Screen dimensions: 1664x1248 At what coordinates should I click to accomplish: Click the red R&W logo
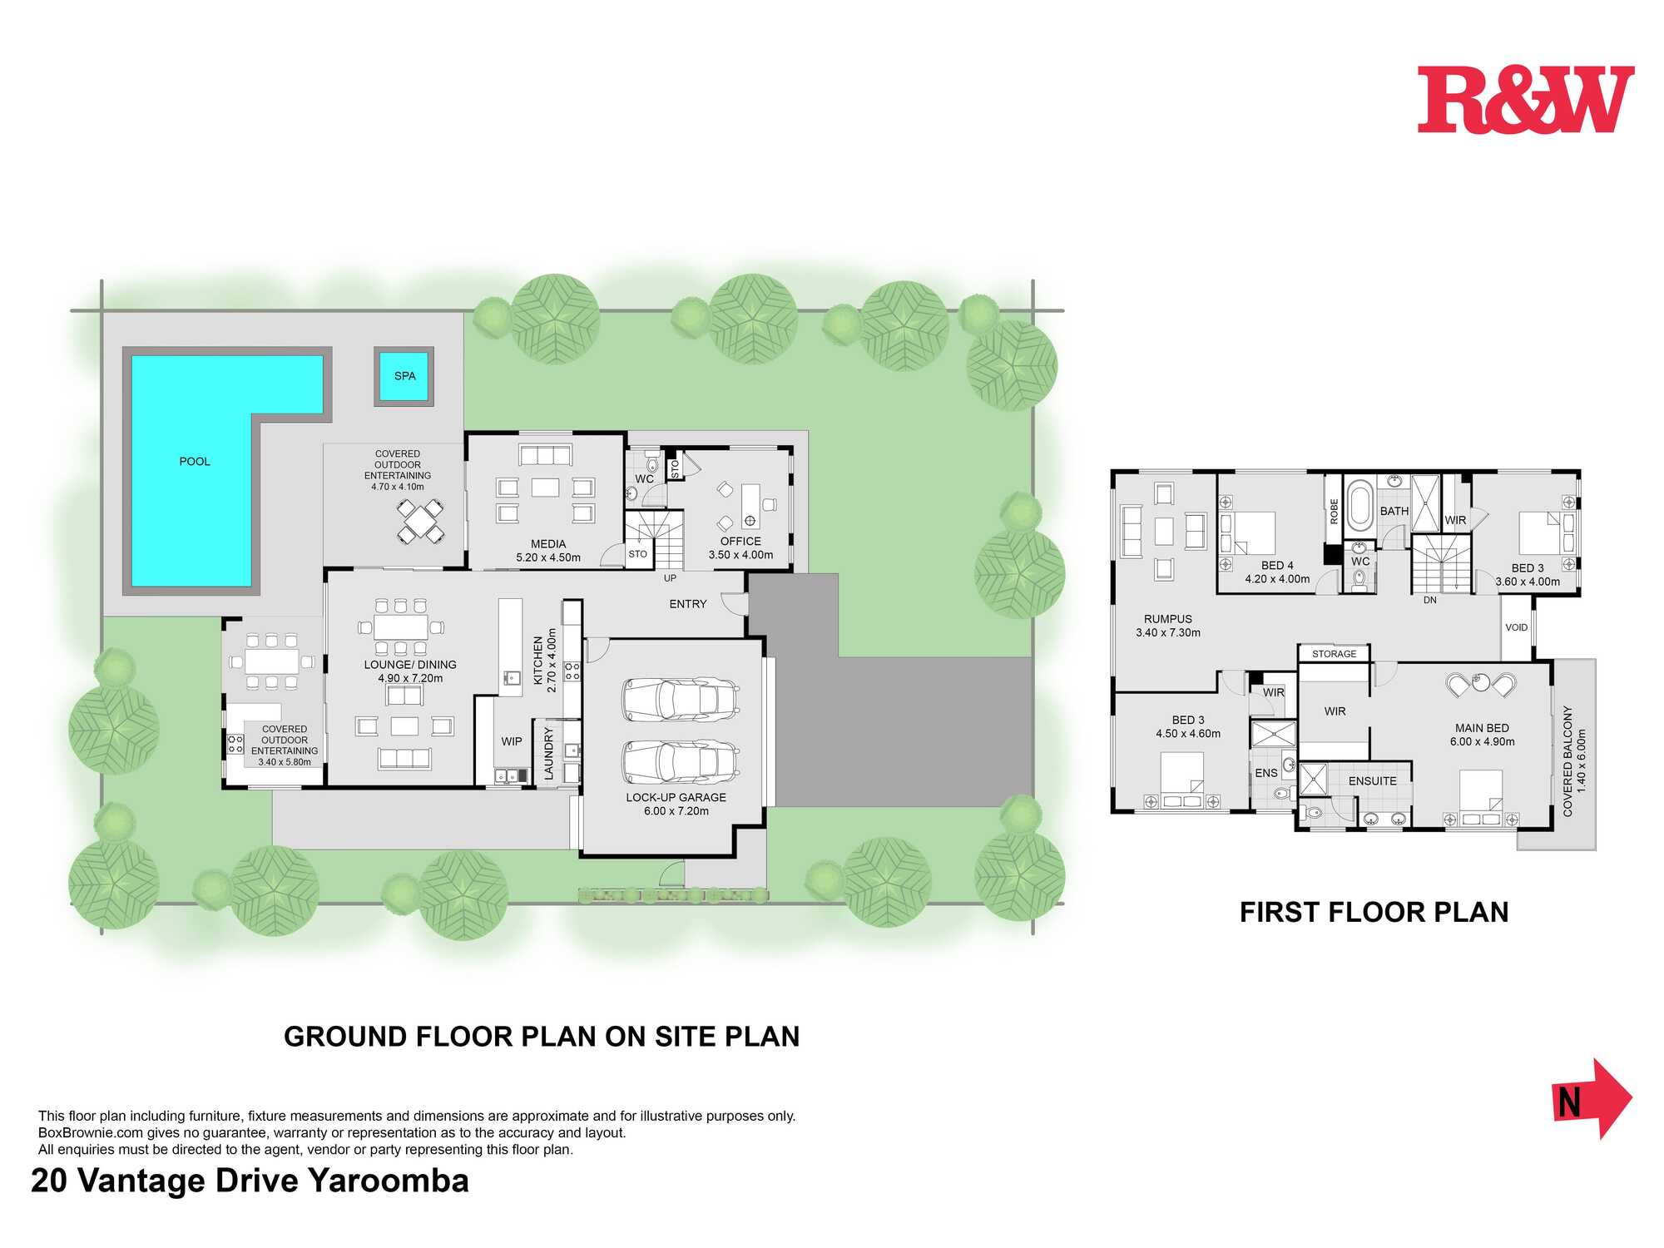tap(1526, 100)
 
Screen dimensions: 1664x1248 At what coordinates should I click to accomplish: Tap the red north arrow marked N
tap(1592, 1099)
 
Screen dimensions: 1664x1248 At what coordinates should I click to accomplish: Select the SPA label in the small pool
tap(405, 376)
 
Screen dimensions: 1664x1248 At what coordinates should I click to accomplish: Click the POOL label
tap(195, 462)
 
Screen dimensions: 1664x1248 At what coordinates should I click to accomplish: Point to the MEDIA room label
tap(548, 544)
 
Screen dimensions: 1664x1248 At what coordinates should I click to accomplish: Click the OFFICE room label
tap(740, 542)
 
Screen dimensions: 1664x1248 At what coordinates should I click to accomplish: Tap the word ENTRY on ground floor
tap(688, 604)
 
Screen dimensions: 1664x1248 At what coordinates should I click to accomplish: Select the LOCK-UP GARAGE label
tap(676, 797)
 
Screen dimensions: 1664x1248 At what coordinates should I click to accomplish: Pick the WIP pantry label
tap(512, 741)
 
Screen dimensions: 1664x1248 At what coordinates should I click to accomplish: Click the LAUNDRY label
tap(548, 754)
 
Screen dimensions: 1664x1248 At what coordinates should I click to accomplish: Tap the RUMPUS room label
tap(1168, 619)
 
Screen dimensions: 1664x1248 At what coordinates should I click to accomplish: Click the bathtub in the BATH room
tap(1359, 505)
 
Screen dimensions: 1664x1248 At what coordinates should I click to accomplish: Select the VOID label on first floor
tap(1517, 627)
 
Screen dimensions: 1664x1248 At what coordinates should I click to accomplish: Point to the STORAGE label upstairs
tap(1335, 654)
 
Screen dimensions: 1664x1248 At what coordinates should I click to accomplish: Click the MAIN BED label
tap(1482, 728)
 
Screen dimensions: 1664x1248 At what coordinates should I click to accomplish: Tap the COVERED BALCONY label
tap(1567, 761)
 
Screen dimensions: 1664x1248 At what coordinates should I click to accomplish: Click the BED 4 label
tap(1277, 566)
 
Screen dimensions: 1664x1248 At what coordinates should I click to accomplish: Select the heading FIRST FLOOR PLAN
tap(1374, 913)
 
